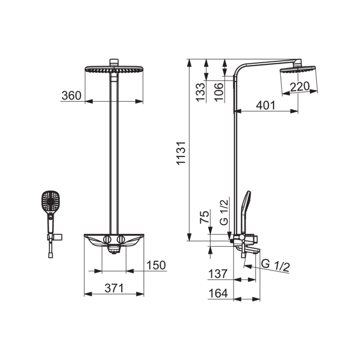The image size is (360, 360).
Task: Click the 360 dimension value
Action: coord(71,95)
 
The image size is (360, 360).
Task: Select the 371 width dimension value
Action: coord(114,288)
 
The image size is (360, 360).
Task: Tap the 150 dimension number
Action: coord(156,265)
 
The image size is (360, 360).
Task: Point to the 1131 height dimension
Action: coord(181,153)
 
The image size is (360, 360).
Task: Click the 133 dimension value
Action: coord(200,92)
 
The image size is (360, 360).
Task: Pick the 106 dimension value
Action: coord(219,92)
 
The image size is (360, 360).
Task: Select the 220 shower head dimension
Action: coord(299,86)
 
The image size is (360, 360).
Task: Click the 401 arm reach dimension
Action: coord(266,105)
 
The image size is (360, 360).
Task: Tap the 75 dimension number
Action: coord(205,217)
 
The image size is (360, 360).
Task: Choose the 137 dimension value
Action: coord(218,274)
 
